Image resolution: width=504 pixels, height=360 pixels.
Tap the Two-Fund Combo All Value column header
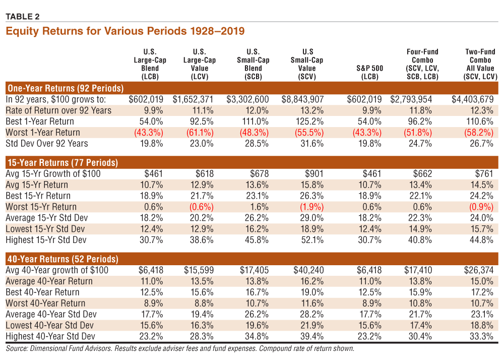click(x=480, y=64)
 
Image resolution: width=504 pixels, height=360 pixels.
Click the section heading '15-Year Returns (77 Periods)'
click(x=62, y=163)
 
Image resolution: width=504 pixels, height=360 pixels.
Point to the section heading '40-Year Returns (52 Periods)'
click(x=62, y=259)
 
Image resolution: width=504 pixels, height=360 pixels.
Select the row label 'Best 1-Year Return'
click(x=40, y=122)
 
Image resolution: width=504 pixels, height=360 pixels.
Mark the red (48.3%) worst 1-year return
click(x=257, y=133)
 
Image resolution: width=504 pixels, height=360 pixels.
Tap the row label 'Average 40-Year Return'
click(x=49, y=281)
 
